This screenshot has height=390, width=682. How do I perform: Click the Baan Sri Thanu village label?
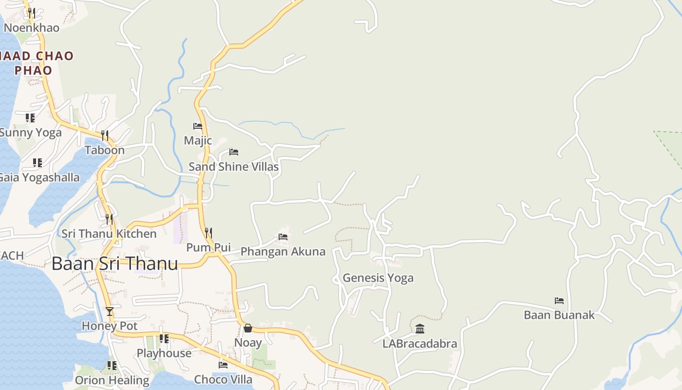(114, 264)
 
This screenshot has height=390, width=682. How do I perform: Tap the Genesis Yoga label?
(378, 278)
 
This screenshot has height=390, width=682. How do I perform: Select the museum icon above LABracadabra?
(420, 329)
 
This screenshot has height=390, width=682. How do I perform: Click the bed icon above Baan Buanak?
(559, 301)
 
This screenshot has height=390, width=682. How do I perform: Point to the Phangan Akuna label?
(283, 252)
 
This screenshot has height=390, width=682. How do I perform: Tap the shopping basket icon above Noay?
(248, 328)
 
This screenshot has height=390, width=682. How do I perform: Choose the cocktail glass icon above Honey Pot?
(110, 311)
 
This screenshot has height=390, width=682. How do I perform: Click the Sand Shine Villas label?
(233, 167)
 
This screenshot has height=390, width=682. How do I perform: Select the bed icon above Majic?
(198, 126)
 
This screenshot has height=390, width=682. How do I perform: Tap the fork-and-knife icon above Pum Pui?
(208, 233)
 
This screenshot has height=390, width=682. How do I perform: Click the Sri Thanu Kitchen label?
(109, 234)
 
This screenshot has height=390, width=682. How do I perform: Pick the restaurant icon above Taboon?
(105, 135)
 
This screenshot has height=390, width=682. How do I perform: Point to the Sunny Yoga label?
(30, 133)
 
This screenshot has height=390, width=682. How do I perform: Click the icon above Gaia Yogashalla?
(38, 162)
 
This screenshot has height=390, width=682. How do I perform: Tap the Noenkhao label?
(32, 28)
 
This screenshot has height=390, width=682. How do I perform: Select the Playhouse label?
(164, 353)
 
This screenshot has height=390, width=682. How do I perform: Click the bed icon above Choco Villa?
(223, 365)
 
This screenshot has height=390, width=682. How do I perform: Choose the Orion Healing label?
(112, 380)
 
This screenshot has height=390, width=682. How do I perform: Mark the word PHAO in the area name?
(33, 70)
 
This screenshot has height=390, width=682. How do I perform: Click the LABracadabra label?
(420, 344)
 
